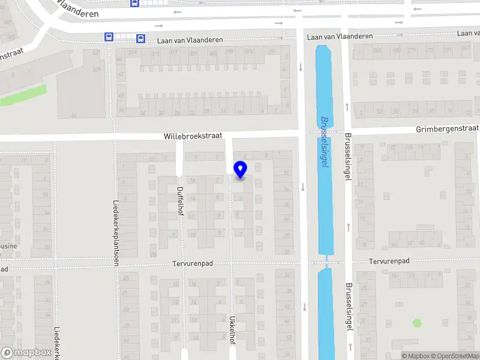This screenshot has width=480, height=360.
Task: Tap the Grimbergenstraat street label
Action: [x=447, y=129]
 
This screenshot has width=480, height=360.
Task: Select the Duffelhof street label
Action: [x=180, y=204]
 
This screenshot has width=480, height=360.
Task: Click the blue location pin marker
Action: [x=240, y=170]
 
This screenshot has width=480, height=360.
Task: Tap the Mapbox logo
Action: [x=26, y=353]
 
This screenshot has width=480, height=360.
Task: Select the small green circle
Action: [x=417, y=323]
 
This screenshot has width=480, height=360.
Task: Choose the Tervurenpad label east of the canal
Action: [x=389, y=261]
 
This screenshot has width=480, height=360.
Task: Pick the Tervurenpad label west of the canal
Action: [x=193, y=263]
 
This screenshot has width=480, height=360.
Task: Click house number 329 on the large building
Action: [x=96, y=70]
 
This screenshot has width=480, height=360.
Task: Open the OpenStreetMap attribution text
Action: [x=454, y=356]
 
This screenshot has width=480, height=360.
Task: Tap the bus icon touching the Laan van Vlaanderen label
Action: [x=140, y=38]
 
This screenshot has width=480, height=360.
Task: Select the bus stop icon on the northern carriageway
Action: [x=134, y=2]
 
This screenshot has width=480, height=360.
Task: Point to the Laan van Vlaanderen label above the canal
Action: [x=340, y=37]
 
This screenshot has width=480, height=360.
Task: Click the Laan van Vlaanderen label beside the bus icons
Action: [x=190, y=40]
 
